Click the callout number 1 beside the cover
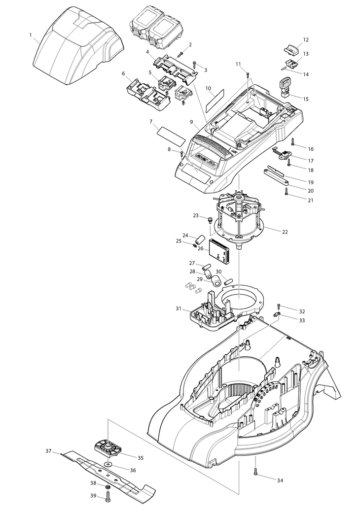(31, 35)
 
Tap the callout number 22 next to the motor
(285, 232)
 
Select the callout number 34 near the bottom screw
(280, 480)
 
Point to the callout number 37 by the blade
(48, 451)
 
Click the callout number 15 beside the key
(306, 99)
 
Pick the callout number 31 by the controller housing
(178, 308)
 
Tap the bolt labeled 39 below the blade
(108, 495)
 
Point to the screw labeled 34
(255, 471)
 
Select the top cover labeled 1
(79, 42)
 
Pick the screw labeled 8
(182, 154)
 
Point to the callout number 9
(191, 122)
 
